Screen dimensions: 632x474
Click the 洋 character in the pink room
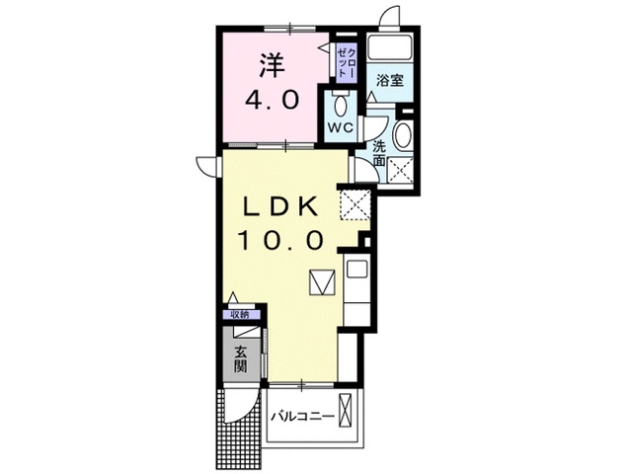(x=273, y=65)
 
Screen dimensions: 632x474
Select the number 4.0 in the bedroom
(x=273, y=100)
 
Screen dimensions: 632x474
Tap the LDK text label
(x=280, y=207)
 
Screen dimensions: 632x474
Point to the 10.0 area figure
(x=280, y=241)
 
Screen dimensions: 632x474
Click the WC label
(x=341, y=128)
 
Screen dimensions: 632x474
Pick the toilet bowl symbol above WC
(x=342, y=105)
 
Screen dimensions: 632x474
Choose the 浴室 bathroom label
(x=390, y=80)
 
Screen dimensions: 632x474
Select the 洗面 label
(x=379, y=153)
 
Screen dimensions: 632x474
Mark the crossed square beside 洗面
(x=400, y=170)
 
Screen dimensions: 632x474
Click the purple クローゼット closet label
(x=347, y=62)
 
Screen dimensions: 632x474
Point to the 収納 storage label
(x=239, y=315)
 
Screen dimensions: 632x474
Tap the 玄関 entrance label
(x=241, y=359)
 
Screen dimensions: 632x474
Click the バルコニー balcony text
(x=302, y=416)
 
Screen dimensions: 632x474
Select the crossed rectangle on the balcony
(x=346, y=410)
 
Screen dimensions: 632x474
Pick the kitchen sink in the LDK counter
(x=357, y=269)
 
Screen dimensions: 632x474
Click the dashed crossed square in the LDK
(x=355, y=204)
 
